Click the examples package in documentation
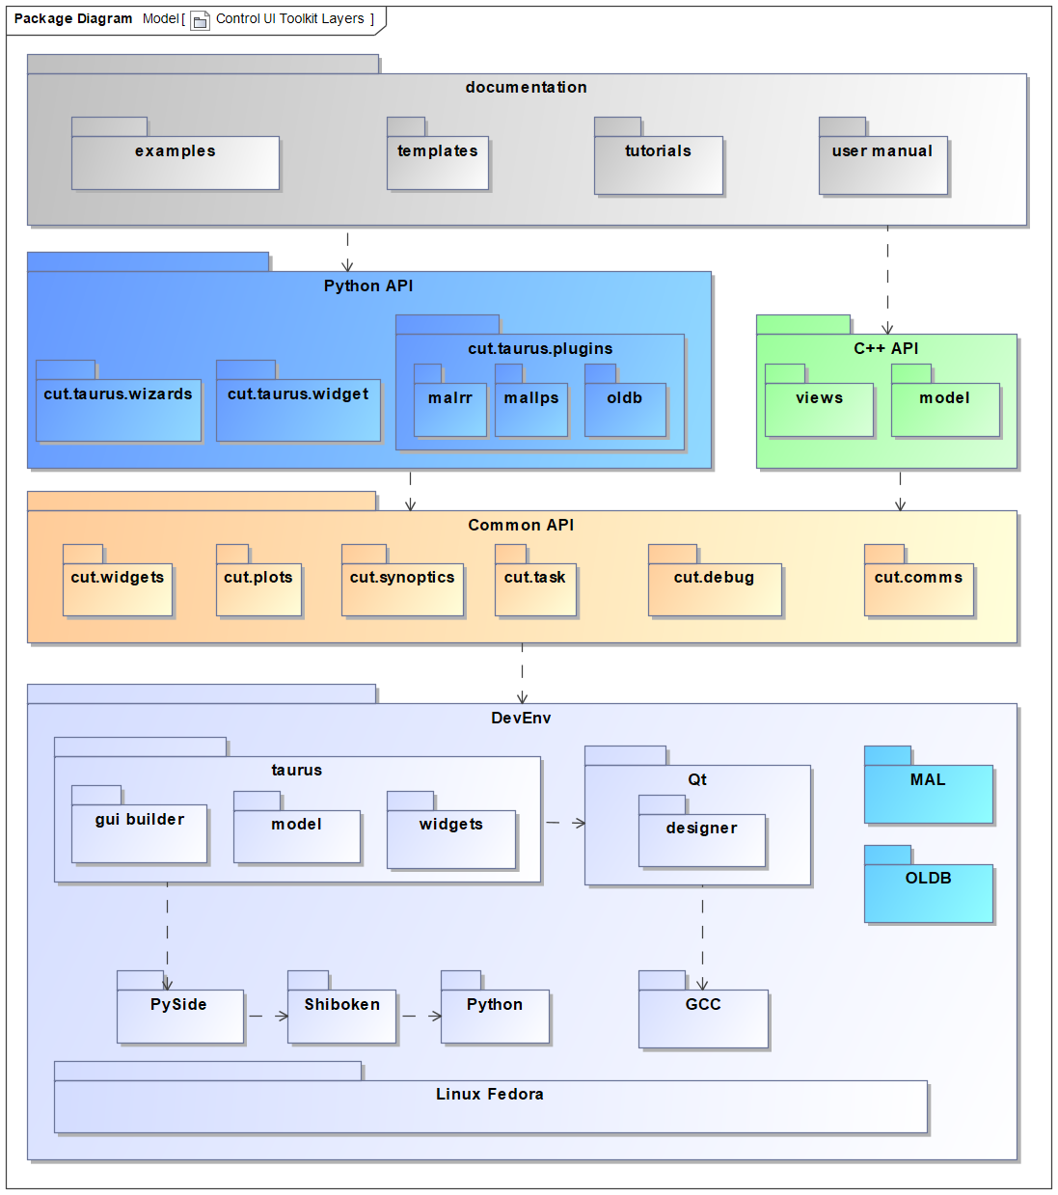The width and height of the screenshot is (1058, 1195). tap(175, 162)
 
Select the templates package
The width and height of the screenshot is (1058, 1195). tap(437, 162)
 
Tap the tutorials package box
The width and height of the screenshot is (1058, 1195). tap(658, 164)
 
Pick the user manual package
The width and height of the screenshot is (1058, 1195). tap(882, 164)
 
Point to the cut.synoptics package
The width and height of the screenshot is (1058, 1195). tap(402, 588)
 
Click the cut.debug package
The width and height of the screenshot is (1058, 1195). tap(714, 588)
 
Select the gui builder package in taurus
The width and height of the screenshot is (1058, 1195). tap(140, 832)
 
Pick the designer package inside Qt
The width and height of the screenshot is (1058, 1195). tap(701, 839)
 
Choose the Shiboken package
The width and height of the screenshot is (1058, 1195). tap(341, 1016)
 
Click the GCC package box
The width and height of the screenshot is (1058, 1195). tap(703, 1018)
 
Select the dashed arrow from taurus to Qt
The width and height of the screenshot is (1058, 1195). tap(565, 823)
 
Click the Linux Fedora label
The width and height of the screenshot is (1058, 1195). tap(489, 1094)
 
